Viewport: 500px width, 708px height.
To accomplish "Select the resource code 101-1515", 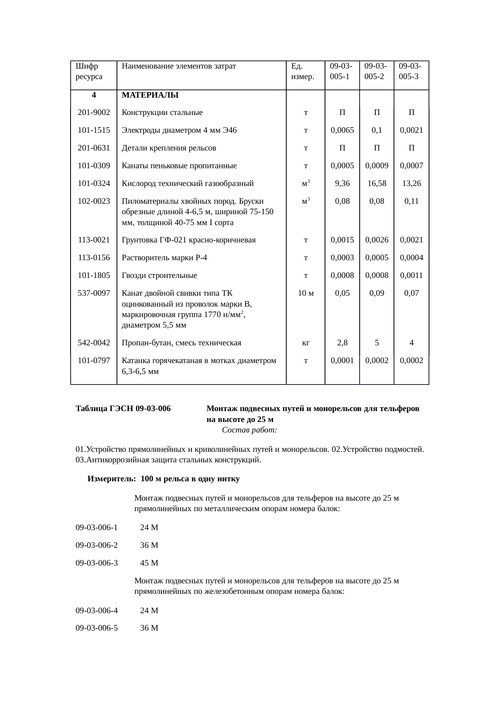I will point(94,130).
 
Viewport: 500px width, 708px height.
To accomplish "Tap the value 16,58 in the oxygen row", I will point(377,184).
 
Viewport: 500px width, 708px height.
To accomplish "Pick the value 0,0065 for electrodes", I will point(342,130).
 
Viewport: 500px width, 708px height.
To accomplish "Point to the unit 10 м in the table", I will point(305,293).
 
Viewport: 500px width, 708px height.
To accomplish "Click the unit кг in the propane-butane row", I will point(306,343).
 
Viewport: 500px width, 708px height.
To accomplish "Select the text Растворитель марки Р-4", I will point(165,258).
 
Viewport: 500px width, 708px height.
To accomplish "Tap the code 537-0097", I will point(94,293).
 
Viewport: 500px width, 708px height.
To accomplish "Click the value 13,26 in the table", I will point(411,184).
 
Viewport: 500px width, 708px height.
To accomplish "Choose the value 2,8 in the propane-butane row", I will point(342,343).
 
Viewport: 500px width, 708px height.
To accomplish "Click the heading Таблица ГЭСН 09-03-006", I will point(123,409).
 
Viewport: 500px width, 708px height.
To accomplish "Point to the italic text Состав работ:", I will point(249,430).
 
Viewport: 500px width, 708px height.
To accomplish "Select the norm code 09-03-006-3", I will point(97,563).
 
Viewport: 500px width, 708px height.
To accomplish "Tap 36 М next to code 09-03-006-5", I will point(149,628).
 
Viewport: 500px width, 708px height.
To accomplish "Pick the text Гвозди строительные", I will point(159,276).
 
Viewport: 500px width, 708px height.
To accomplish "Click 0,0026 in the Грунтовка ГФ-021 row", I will point(377,240).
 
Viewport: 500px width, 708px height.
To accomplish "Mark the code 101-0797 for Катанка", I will point(94,361).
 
